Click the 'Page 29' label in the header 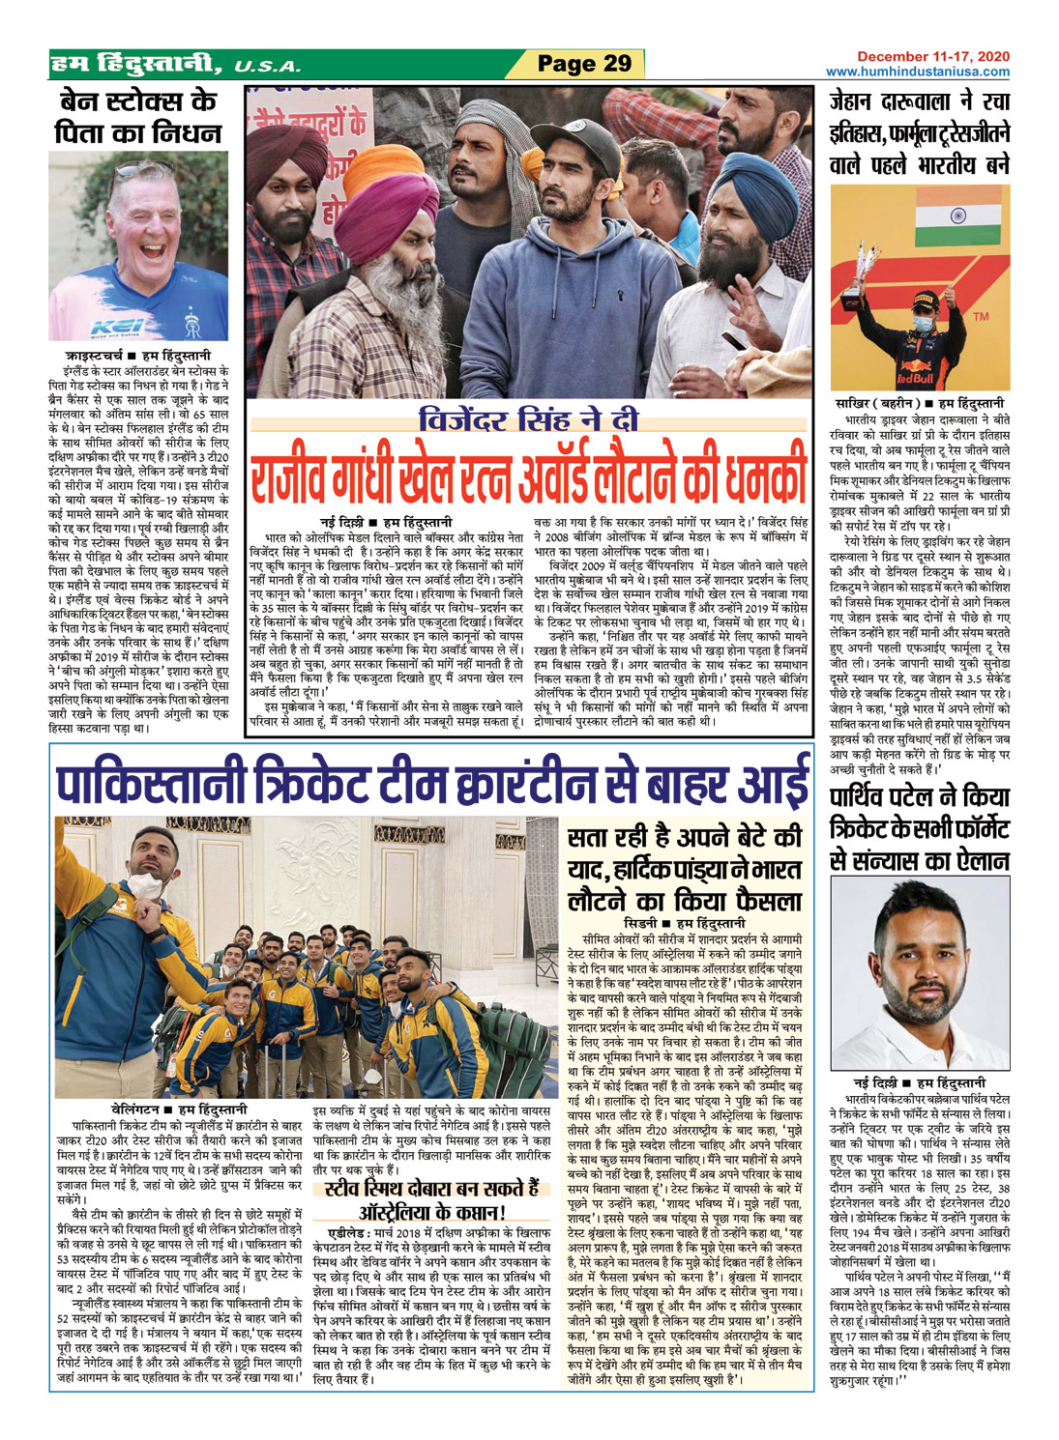[x=584, y=64]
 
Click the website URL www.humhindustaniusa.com [x=918, y=72]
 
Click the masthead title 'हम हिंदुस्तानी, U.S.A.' [x=174, y=65]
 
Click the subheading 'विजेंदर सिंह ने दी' [x=528, y=421]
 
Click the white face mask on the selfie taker [x=146, y=884]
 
